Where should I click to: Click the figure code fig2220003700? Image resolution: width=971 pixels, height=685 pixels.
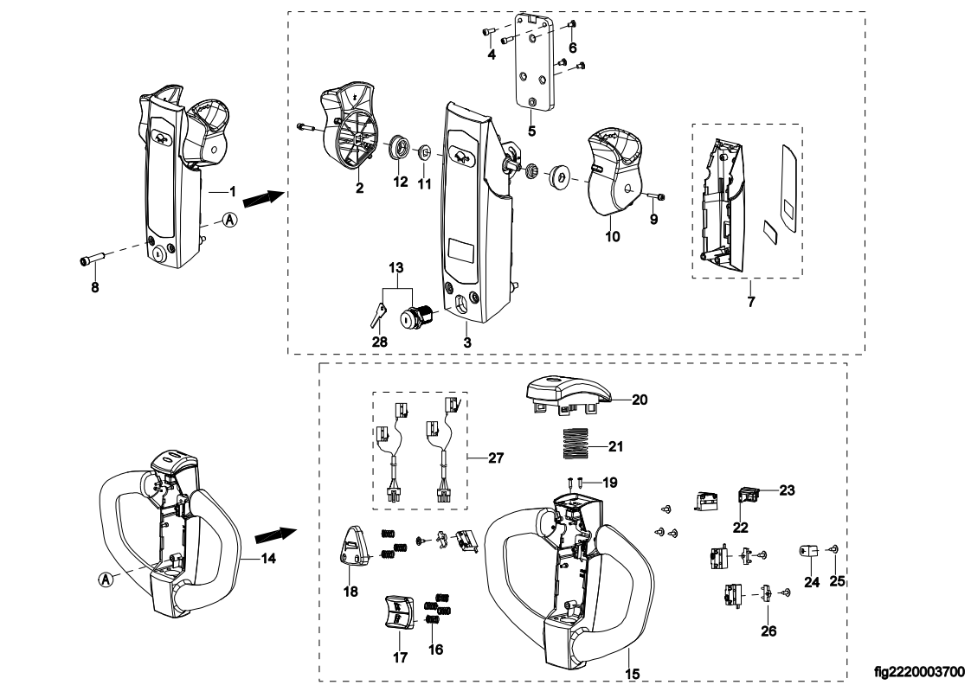click(919, 672)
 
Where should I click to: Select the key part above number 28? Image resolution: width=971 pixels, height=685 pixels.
click(376, 314)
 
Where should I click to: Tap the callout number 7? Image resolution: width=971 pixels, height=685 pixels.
click(751, 302)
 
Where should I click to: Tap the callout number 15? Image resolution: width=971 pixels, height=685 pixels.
click(632, 673)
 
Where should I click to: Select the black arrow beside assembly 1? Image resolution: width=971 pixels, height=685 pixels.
click(263, 199)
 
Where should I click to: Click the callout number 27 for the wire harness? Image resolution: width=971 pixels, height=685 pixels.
click(496, 458)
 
